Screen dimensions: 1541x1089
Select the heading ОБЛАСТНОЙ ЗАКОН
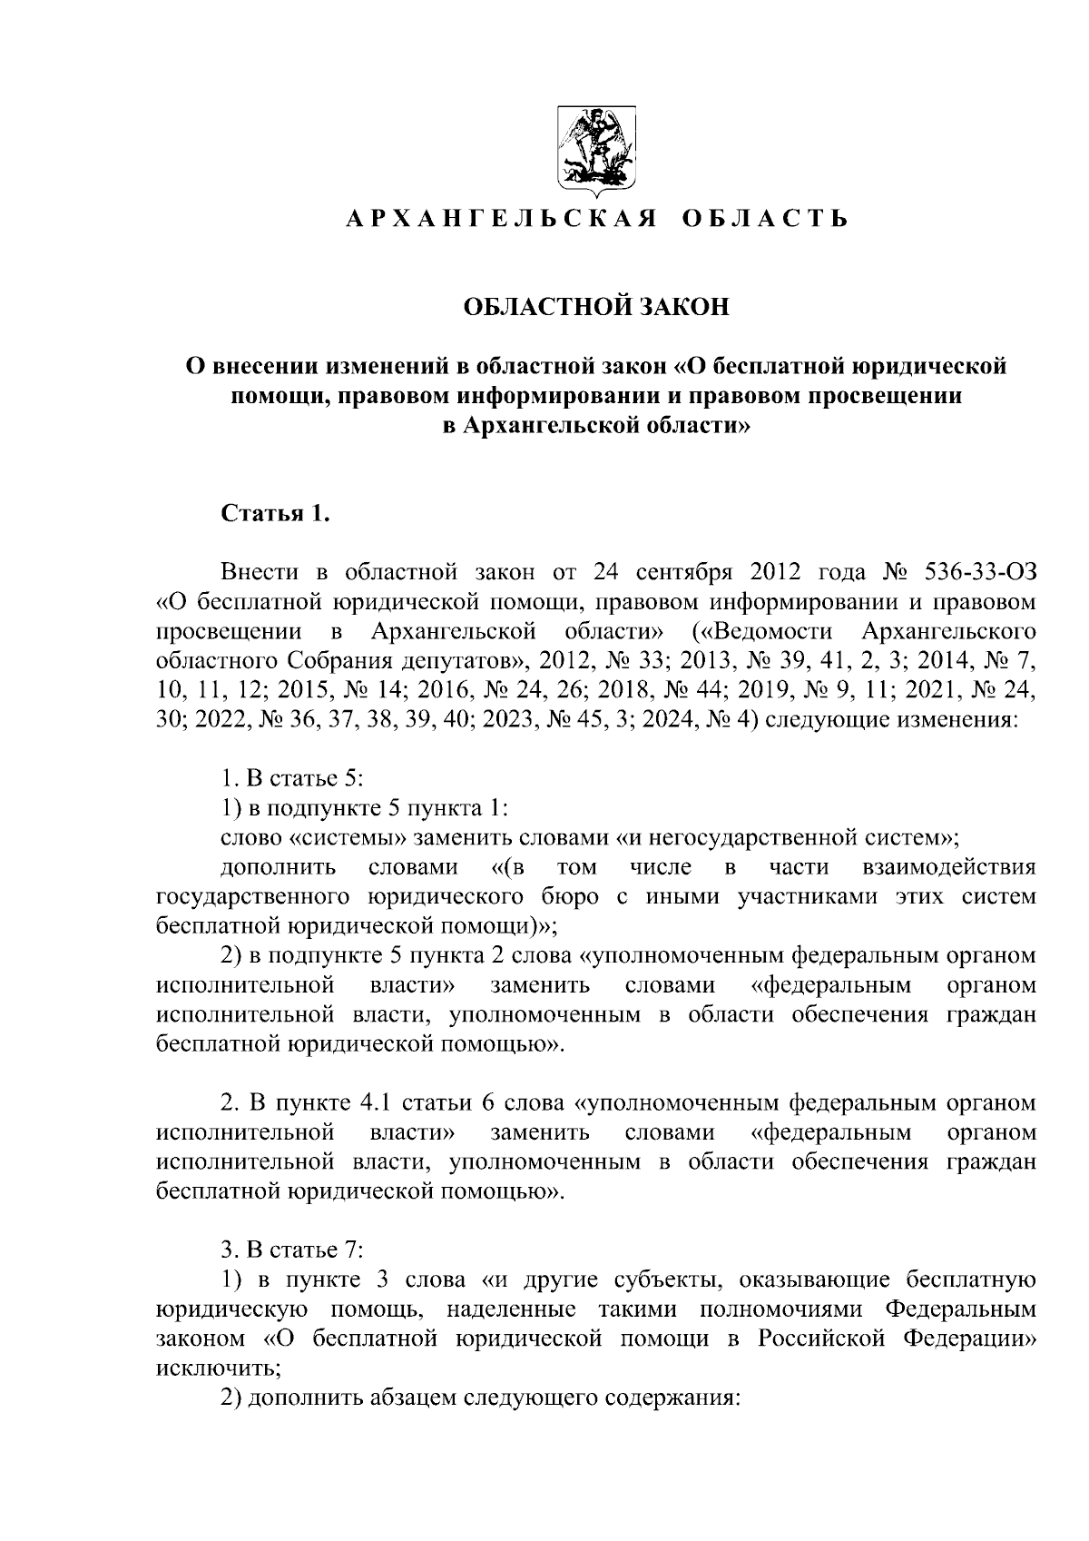[x=596, y=307]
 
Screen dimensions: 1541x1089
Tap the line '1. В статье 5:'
[x=293, y=778]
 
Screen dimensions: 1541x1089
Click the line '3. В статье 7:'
[x=293, y=1250]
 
